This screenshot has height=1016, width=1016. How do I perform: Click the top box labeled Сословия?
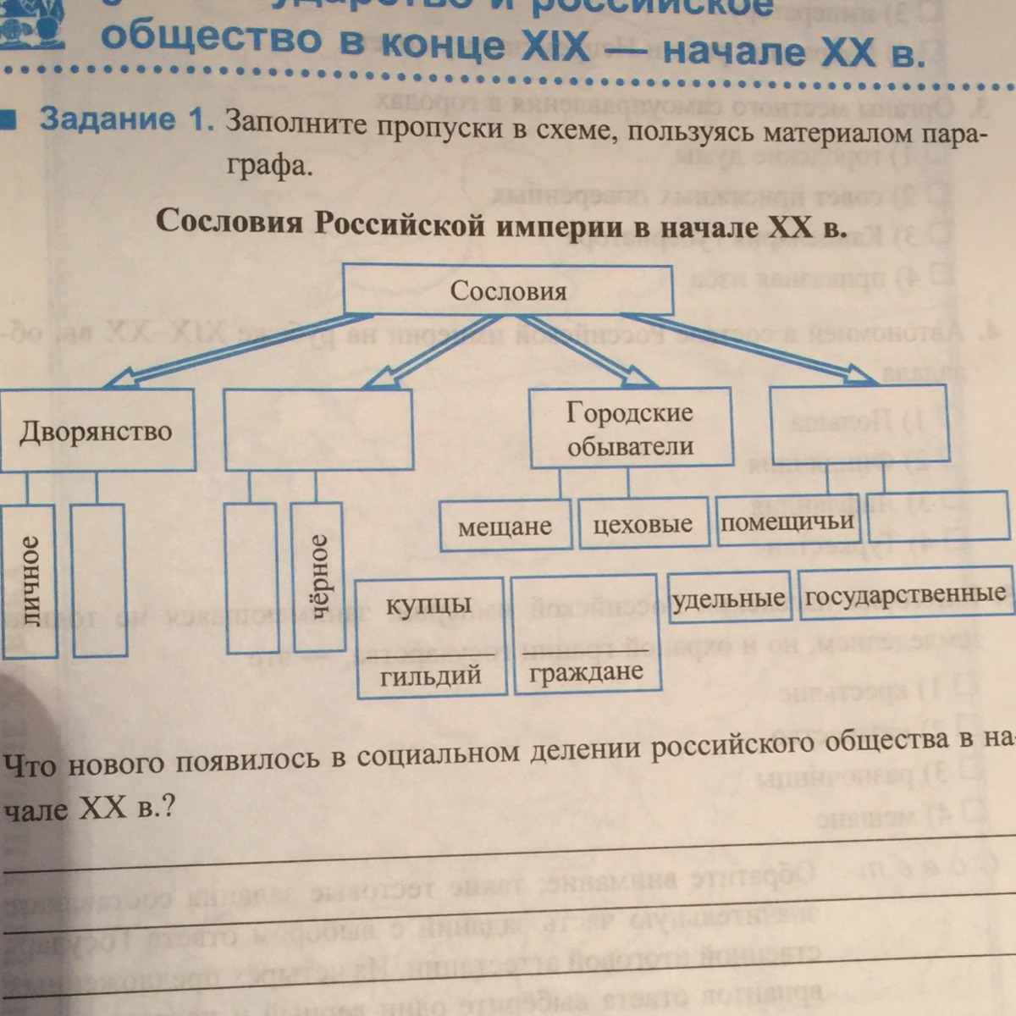(508, 290)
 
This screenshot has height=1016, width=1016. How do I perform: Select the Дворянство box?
(96, 430)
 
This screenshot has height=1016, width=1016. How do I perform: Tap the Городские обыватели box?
(630, 428)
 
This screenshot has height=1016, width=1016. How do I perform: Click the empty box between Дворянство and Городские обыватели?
(317, 429)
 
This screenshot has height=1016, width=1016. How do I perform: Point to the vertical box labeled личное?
(30, 580)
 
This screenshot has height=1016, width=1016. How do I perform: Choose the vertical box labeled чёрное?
(317, 576)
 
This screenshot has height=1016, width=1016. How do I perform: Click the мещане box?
(505, 527)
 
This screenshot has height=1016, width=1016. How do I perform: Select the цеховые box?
(643, 524)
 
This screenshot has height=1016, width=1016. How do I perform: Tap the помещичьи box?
(787, 520)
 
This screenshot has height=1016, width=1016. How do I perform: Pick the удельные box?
(729, 598)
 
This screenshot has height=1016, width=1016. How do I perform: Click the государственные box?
(905, 594)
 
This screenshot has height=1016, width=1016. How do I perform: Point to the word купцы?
(428, 605)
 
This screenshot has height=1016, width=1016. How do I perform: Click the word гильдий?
(430, 675)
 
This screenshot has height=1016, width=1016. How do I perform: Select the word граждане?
(586, 672)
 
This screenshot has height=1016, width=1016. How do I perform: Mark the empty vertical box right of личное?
(99, 580)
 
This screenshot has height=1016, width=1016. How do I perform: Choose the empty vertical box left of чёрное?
(252, 577)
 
